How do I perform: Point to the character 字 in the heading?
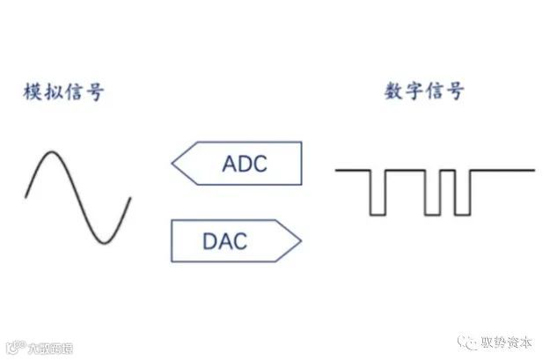(415, 91)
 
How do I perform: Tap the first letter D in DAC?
(212, 239)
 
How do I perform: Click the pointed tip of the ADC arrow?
(173, 163)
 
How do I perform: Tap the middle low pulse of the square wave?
(431, 211)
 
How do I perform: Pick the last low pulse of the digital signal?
(462, 211)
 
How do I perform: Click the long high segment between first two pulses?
(405, 170)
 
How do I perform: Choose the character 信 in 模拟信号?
(74, 92)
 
